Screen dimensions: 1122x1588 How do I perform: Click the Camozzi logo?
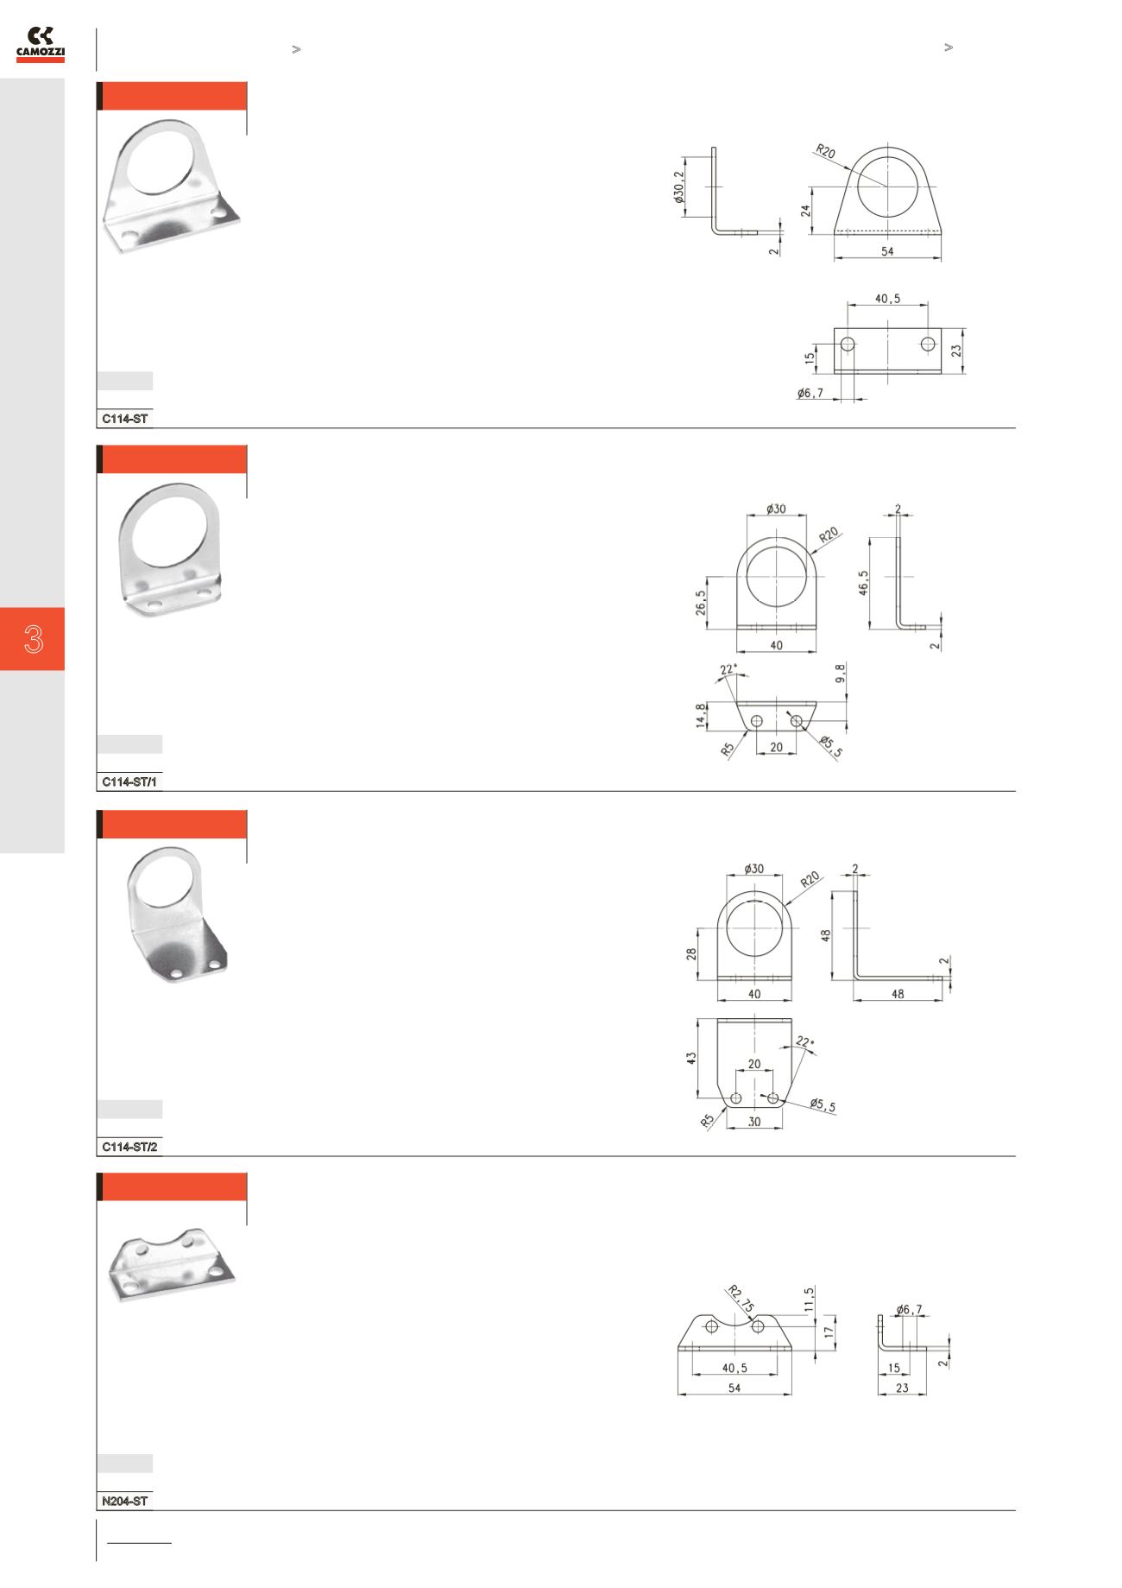click(x=41, y=44)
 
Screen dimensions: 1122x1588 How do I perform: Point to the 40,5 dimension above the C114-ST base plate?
click(x=887, y=299)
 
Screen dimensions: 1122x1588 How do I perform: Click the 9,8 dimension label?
click(x=841, y=674)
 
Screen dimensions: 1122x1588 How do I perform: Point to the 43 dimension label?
click(x=691, y=1058)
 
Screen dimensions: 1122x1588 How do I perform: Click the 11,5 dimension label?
click(x=809, y=1300)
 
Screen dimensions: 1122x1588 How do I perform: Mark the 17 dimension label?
click(x=829, y=1332)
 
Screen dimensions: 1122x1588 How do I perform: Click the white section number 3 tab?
click(x=33, y=639)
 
